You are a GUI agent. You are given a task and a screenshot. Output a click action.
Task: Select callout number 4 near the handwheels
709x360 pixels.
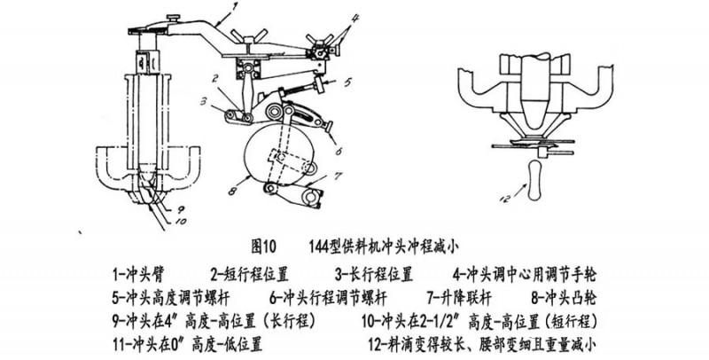(x=354, y=18)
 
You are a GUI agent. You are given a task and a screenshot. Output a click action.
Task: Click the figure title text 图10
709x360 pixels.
(x=266, y=242)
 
